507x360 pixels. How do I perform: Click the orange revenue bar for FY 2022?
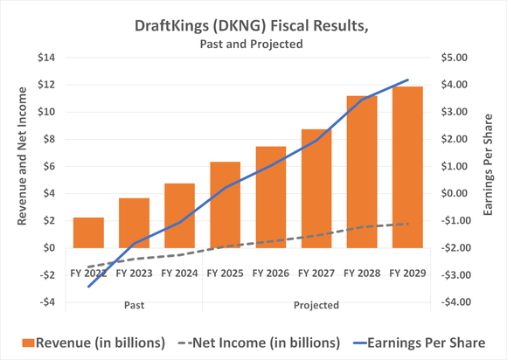88,232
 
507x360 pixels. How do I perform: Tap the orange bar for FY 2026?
270,197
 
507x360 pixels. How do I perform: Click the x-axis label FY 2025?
225,273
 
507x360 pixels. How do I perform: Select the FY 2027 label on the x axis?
316,273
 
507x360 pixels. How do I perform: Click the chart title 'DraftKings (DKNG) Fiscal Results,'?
252,25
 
